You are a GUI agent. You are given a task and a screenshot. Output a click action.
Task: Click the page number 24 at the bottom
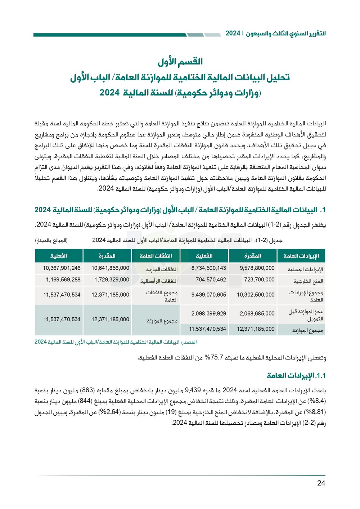tap(321, 483)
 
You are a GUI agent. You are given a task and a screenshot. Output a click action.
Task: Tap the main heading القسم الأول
tap(180, 62)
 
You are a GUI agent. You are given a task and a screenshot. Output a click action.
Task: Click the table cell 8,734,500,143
tap(208, 268)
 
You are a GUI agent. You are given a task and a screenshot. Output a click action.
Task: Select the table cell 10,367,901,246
tap(62, 268)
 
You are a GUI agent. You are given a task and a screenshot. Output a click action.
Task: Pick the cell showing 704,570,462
tap(211, 280)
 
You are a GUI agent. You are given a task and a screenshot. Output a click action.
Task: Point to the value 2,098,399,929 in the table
tap(208, 313)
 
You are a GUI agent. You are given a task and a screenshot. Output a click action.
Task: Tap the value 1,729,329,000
tap(110, 280)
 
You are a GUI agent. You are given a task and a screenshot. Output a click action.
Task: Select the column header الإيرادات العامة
tap(301, 256)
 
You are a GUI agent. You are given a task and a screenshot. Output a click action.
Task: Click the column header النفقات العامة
tap(156, 256)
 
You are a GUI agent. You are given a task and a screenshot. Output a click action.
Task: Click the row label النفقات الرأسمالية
tap(159, 281)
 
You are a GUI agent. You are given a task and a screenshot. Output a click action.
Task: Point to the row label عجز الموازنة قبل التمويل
tap(306, 315)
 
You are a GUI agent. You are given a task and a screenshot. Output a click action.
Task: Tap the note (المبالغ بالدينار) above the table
tap(51, 240)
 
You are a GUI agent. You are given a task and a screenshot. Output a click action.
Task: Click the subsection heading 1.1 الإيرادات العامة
tap(296, 376)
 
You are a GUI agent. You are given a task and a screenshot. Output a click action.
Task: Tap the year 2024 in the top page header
tap(233, 34)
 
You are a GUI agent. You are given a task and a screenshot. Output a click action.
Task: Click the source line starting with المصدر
tap(116, 342)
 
